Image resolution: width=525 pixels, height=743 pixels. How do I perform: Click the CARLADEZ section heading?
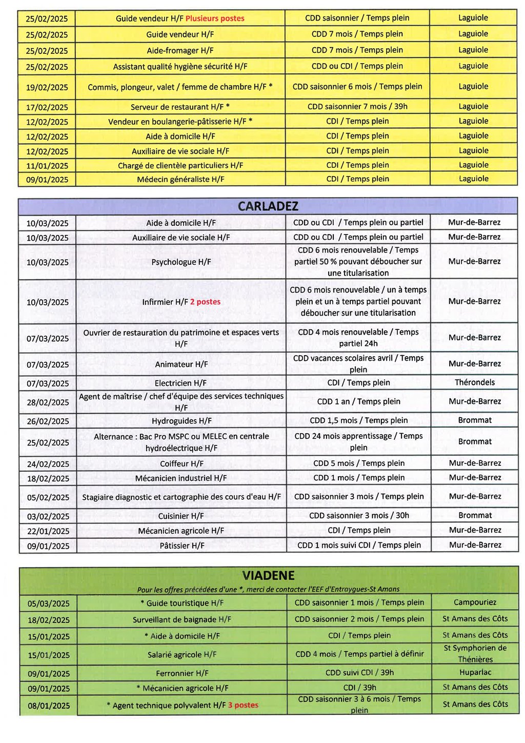pos(268,206)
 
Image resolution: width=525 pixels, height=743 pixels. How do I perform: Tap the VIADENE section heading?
pos(268,575)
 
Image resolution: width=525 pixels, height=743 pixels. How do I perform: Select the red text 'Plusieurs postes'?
pos(215,18)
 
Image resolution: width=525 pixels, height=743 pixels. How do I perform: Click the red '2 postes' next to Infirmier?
pos(205,302)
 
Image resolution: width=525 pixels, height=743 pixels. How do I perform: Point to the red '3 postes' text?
pos(243,705)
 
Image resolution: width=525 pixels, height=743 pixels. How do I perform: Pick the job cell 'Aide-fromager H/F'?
pos(180,51)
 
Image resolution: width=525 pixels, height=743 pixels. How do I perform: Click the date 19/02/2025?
pos(47,87)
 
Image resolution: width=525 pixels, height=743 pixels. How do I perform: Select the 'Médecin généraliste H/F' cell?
pos(180,179)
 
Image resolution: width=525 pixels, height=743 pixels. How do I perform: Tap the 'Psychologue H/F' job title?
pos(181,262)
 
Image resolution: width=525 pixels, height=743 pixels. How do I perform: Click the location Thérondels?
pos(475,382)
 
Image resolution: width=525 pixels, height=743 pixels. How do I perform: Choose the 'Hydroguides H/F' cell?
pos(181,421)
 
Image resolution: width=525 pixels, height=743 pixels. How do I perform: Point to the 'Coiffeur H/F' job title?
pos(181,463)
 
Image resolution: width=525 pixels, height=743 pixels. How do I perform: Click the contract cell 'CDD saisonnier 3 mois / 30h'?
pos(359,515)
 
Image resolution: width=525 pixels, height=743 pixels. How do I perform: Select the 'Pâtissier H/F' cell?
pos(181,545)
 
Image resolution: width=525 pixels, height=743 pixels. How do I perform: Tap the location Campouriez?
pos(475,602)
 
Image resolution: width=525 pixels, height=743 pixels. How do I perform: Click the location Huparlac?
pos(475,672)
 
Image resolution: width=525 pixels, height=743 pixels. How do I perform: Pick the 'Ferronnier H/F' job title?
pos(182,673)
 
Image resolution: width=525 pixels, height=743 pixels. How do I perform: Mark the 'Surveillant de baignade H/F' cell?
pos(182,619)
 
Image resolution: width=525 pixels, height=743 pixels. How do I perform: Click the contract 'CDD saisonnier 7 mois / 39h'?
pos(357,107)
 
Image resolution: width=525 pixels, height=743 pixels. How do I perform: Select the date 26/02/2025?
pos(48,421)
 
